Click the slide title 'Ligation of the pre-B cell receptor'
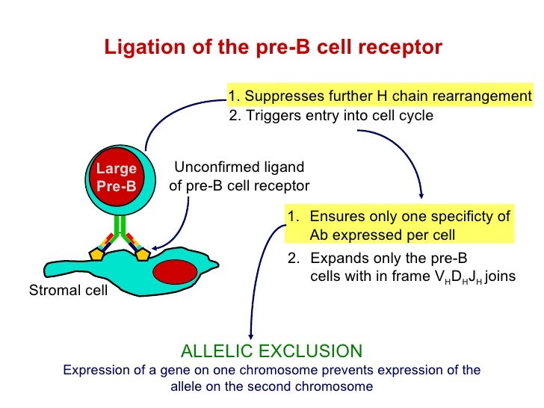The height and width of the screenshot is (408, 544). coord(273,48)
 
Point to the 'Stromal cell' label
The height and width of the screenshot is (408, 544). coord(67,290)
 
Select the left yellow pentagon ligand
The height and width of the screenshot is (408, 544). coord(96,254)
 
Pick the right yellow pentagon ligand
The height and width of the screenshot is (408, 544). coord(142,254)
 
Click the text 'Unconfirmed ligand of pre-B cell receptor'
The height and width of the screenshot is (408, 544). coord(239,176)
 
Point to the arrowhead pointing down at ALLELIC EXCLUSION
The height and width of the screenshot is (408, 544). coord(250,339)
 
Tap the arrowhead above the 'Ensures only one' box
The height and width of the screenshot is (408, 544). coord(422,196)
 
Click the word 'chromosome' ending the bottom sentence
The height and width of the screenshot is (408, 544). coord(336,387)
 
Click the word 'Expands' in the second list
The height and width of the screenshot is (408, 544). coord(333,259)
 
